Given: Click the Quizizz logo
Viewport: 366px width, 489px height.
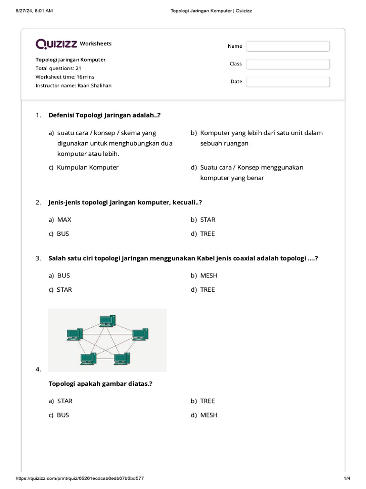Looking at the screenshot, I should point(56,44).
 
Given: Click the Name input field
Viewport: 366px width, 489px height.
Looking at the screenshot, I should point(288,46).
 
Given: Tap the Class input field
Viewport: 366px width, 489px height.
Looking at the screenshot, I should point(288,64).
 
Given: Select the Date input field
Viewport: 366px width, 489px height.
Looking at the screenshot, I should point(288,82).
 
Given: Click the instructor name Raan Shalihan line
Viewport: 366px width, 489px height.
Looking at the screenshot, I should point(73,85).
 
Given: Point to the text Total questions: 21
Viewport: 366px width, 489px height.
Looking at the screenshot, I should point(58,68).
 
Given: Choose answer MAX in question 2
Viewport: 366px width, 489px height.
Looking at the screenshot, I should point(64,220).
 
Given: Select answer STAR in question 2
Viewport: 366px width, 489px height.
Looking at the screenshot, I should point(208,220).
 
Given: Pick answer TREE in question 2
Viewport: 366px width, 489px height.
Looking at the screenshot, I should point(207,234).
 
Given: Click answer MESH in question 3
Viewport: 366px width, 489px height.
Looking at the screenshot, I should point(209,276).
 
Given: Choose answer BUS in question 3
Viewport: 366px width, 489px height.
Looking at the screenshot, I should point(63,276).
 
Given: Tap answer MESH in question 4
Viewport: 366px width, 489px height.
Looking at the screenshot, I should point(209,415).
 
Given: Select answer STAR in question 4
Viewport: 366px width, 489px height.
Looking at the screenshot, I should point(65,401).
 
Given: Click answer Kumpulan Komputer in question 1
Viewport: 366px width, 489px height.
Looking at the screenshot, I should point(88,168).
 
